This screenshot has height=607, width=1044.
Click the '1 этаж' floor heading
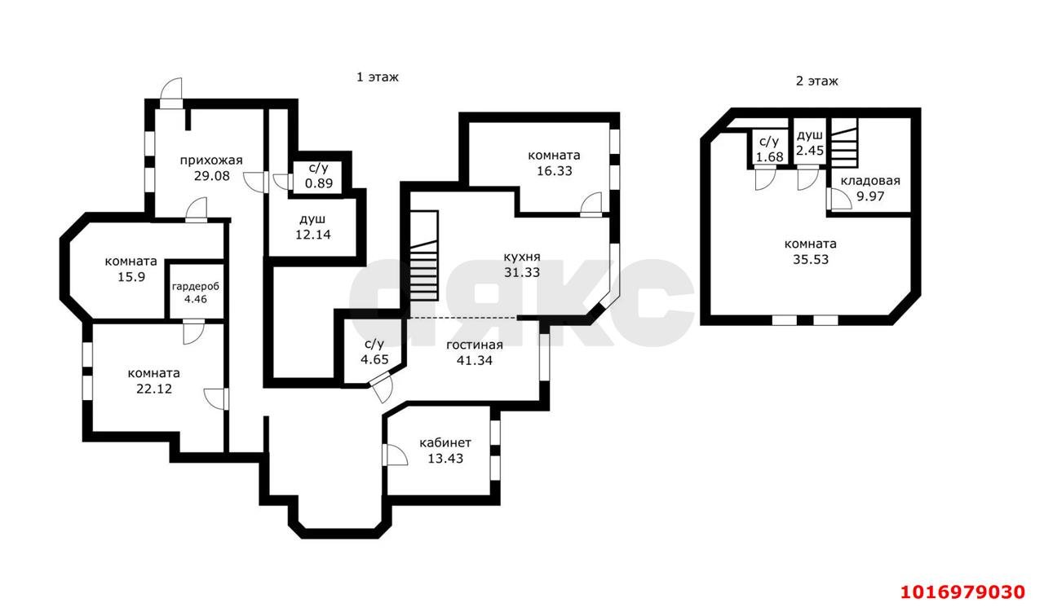pos(378,77)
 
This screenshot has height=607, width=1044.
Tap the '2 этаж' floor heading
pos(816,81)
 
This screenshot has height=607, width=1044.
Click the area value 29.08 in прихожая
pos(211,177)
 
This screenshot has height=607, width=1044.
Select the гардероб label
pos(195,287)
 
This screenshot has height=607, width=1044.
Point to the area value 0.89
pos(319,183)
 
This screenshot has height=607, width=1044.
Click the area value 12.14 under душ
pos(312,235)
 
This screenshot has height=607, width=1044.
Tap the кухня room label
pos(522,257)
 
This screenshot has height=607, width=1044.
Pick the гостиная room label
pos(475,345)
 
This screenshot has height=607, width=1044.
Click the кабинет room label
pos(445,442)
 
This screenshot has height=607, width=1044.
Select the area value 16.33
pos(554,171)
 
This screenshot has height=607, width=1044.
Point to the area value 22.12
pos(154,389)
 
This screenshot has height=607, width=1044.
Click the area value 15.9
pos(131,277)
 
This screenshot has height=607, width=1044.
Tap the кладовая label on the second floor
pos(870,181)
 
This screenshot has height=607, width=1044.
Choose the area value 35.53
pos(811,259)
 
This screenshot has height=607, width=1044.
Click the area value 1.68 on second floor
pos(769,157)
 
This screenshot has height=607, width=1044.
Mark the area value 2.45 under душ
pos(810,151)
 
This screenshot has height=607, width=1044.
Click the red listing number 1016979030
pos(963,592)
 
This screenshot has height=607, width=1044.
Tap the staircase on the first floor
pos(423,256)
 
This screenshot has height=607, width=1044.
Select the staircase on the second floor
pos(844,143)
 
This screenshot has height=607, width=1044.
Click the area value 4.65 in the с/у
pos(374,359)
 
